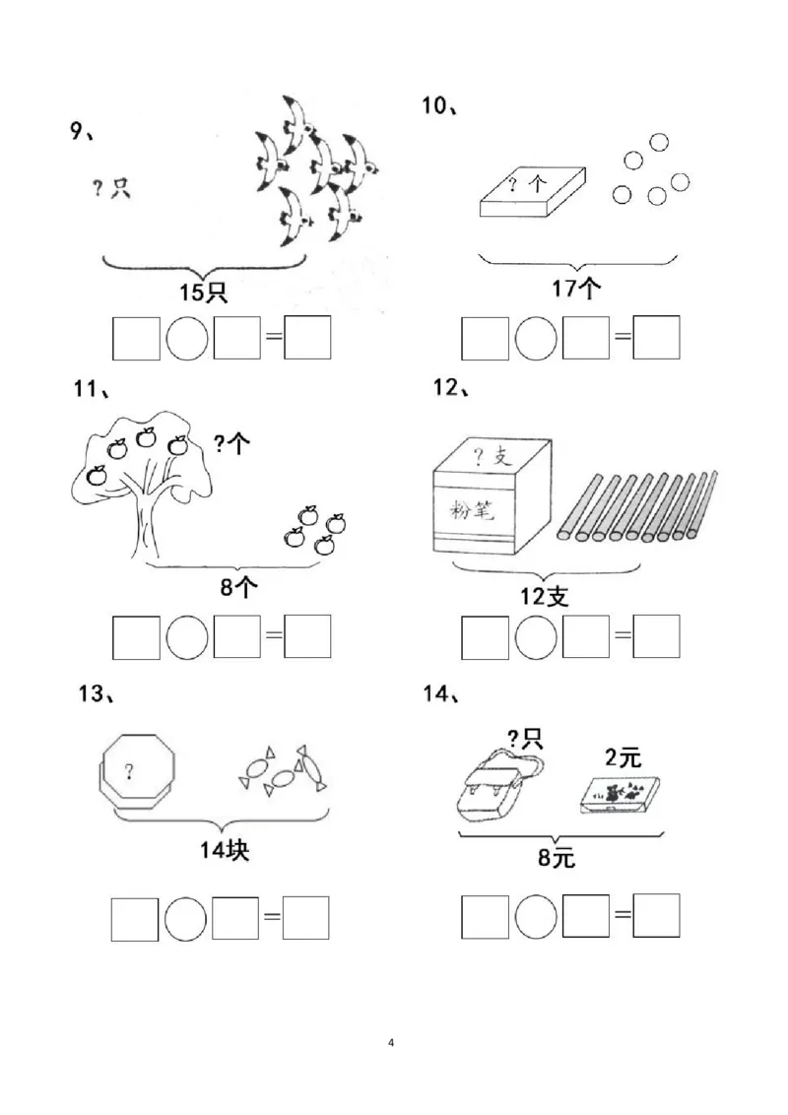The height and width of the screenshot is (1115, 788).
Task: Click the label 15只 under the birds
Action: [203, 293]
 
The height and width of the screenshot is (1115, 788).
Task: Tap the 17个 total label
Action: [576, 288]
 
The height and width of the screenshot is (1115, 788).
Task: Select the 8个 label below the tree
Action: [238, 587]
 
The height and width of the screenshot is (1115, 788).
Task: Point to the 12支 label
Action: [544, 596]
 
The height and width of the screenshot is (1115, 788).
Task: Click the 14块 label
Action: [224, 849]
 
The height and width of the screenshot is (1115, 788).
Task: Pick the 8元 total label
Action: [557, 858]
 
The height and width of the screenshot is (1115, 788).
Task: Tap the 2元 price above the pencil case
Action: [623, 757]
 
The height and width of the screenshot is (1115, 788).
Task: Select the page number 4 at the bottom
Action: [391, 1042]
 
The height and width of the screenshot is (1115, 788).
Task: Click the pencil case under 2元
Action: [619, 795]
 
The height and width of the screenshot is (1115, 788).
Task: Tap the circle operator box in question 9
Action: [187, 338]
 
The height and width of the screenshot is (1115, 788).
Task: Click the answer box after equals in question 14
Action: [656, 916]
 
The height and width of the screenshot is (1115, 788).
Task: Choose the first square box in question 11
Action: [136, 637]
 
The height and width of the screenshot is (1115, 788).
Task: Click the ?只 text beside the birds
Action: [111, 188]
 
